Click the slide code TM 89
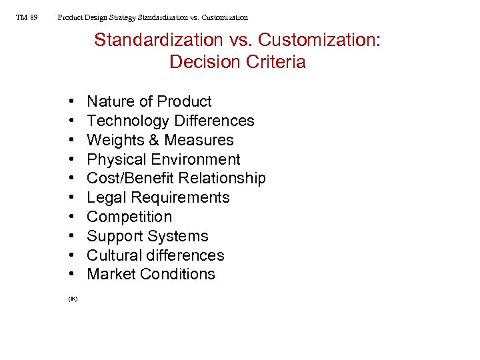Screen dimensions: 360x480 [x=27, y=17]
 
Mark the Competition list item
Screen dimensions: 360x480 [x=129, y=217]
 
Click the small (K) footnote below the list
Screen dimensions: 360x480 [x=73, y=299]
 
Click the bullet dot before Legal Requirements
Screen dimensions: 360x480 [x=71, y=198]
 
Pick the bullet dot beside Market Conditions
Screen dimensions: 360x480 [x=71, y=275]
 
